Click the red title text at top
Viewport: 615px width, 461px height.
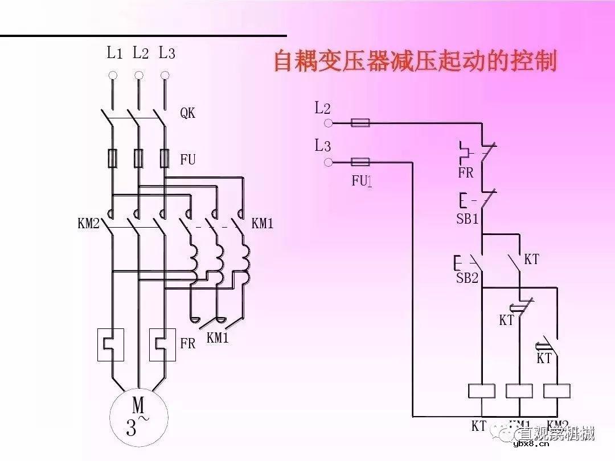pyautogui.click(x=415, y=61)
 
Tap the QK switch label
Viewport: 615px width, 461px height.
pyautogui.click(x=188, y=113)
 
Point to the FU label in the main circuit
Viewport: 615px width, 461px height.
pyautogui.click(x=188, y=160)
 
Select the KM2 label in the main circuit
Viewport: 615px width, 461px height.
pyautogui.click(x=88, y=224)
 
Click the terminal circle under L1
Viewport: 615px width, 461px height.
pyautogui.click(x=113, y=75)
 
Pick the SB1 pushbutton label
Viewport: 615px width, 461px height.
pyautogui.click(x=468, y=219)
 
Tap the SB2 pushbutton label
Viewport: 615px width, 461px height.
pyautogui.click(x=467, y=279)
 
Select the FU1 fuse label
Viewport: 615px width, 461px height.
pyautogui.click(x=362, y=182)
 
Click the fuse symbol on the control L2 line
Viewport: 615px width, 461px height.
pyautogui.click(x=360, y=122)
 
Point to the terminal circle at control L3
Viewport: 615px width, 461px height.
pyautogui.click(x=328, y=163)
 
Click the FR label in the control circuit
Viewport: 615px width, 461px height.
pyautogui.click(x=466, y=173)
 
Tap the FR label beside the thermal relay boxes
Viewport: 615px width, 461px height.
pyautogui.click(x=187, y=344)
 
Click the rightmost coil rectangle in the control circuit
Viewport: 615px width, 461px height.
pyautogui.click(x=557, y=391)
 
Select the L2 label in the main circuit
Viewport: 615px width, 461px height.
pyautogui.click(x=140, y=53)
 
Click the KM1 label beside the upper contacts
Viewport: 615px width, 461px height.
pyautogui.click(x=263, y=224)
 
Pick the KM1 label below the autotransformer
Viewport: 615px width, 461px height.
pyautogui.click(x=218, y=338)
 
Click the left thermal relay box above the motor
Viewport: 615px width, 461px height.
pyautogui.click(x=111, y=344)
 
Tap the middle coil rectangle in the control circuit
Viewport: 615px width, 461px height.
pyautogui.click(x=519, y=391)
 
